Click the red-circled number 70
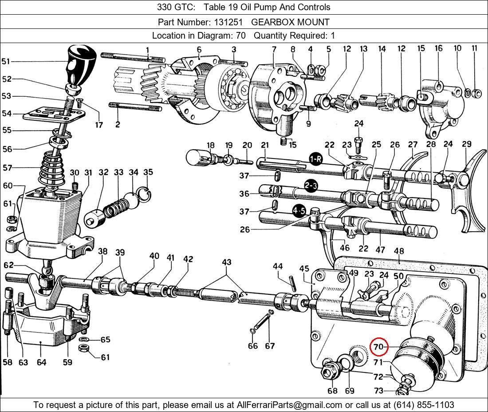pyautogui.click(x=378, y=347)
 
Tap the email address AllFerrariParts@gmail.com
pyautogui.click(x=290, y=405)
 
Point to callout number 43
pyautogui.click(x=227, y=262)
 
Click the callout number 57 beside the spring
pyautogui.click(x=8, y=168)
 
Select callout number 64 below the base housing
pyautogui.click(x=41, y=362)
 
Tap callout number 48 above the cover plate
pyautogui.click(x=398, y=251)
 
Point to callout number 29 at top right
pyautogui.click(x=466, y=144)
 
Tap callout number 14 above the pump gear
pyautogui.click(x=382, y=49)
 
